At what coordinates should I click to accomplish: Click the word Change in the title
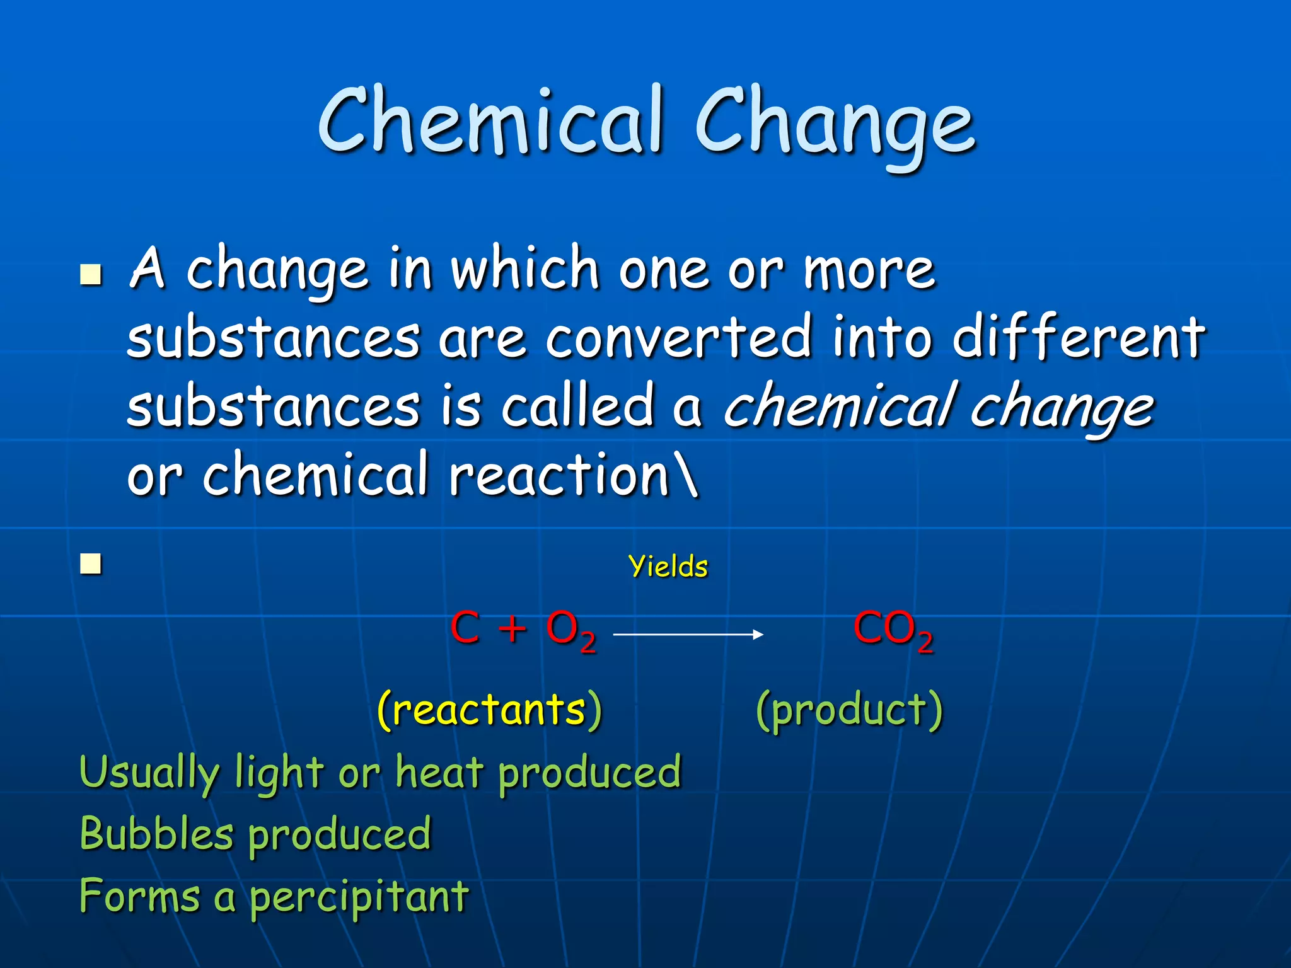point(835,123)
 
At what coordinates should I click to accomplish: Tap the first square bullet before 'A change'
point(91,275)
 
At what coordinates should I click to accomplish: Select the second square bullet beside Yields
point(91,564)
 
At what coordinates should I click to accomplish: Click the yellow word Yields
point(668,567)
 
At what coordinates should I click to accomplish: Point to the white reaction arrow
point(688,634)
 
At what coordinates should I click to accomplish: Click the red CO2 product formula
point(892,630)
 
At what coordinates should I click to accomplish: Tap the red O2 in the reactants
point(570,630)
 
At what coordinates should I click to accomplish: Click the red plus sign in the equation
point(512,628)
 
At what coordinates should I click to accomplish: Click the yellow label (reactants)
point(489,710)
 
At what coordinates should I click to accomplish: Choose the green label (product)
point(848,710)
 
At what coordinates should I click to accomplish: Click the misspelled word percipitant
point(359,897)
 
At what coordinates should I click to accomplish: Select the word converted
point(678,338)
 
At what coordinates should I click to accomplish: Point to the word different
point(1078,338)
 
